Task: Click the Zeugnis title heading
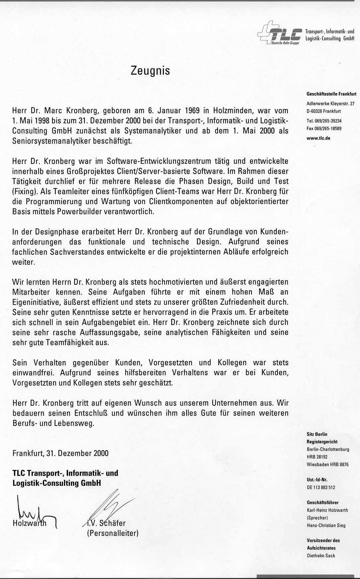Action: click(x=150, y=71)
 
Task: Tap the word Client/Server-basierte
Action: click(x=193, y=171)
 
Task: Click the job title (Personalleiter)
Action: click(x=112, y=534)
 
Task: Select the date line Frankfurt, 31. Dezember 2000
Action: click(x=60, y=453)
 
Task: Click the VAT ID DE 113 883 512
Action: click(x=321, y=487)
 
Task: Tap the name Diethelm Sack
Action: click(x=321, y=556)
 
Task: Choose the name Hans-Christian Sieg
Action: click(x=326, y=525)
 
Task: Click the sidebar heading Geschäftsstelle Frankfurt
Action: click(x=331, y=94)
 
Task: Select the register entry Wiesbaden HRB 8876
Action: click(x=328, y=465)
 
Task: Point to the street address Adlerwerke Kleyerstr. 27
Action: click(x=330, y=104)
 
